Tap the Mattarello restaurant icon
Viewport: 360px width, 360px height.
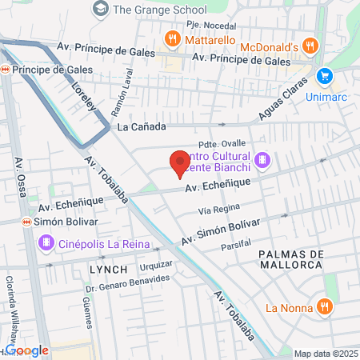[172, 38]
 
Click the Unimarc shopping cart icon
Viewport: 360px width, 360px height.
[324, 76]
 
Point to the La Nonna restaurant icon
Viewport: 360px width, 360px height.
[324, 306]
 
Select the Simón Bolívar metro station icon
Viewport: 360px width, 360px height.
[27, 221]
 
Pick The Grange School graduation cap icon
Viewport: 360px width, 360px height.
[101, 9]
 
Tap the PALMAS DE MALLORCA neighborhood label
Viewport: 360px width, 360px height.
[291, 259]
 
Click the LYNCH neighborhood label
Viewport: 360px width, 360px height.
[98, 270]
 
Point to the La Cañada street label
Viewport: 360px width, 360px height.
[142, 127]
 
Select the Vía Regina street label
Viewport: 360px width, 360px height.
[219, 210]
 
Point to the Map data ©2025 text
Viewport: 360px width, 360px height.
[326, 354]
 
